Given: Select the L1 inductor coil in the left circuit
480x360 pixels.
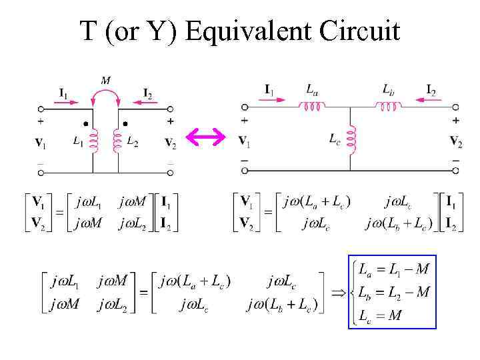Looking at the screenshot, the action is click(x=93, y=141).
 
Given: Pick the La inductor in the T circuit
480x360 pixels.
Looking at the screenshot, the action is click(x=312, y=106).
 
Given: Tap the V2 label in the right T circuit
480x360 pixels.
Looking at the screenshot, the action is click(x=456, y=141).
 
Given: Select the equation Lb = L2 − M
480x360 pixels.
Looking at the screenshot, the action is click(x=393, y=292).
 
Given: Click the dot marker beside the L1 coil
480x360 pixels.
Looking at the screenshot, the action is click(x=85, y=125).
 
